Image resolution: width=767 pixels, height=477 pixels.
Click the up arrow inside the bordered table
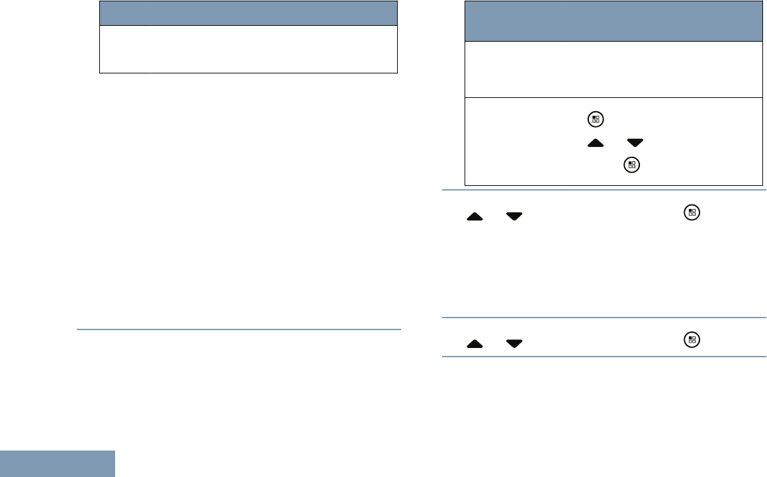(597, 143)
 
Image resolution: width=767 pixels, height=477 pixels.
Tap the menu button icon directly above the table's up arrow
(596, 120)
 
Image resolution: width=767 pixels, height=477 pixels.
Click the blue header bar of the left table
(248, 13)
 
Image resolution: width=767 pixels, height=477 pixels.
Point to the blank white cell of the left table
(248, 49)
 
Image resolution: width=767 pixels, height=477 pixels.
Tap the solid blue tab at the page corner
(57, 464)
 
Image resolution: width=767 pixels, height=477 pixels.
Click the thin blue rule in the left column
(239, 329)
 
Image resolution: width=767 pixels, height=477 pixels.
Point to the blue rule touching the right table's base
(604, 190)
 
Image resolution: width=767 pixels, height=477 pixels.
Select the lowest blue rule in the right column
(604, 358)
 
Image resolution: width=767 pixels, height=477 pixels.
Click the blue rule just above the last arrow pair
(604, 319)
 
